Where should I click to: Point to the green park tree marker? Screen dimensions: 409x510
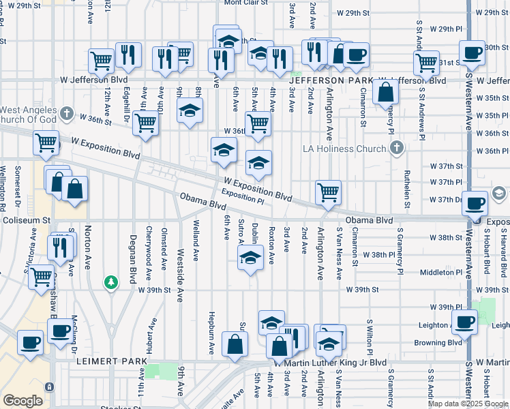click(x=110, y=281)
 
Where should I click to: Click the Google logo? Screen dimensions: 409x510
click(x=22, y=401)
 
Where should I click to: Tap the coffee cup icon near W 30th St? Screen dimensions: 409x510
click(x=471, y=52)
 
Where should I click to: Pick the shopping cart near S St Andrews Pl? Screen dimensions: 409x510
click(x=427, y=63)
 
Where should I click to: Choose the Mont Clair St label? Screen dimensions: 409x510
click(x=247, y=3)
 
